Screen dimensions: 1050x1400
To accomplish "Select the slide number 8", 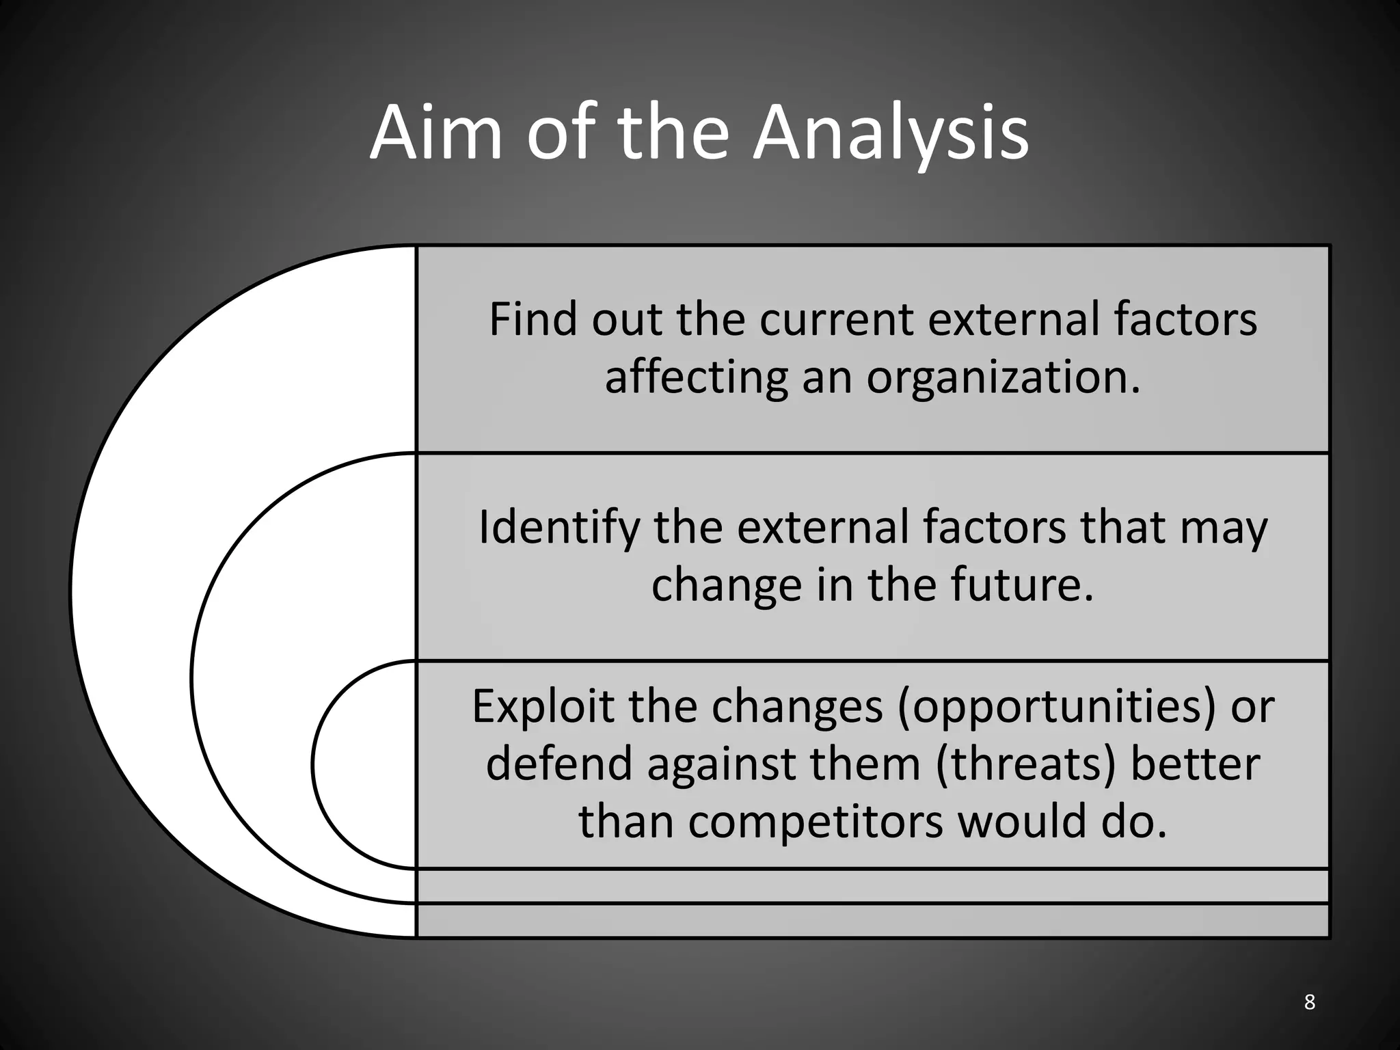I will (x=1309, y=1001).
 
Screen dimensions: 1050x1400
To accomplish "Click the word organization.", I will (x=1004, y=377).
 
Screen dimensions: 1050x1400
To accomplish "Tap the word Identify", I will (x=559, y=528).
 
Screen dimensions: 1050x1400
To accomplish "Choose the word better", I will (x=1195, y=764).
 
